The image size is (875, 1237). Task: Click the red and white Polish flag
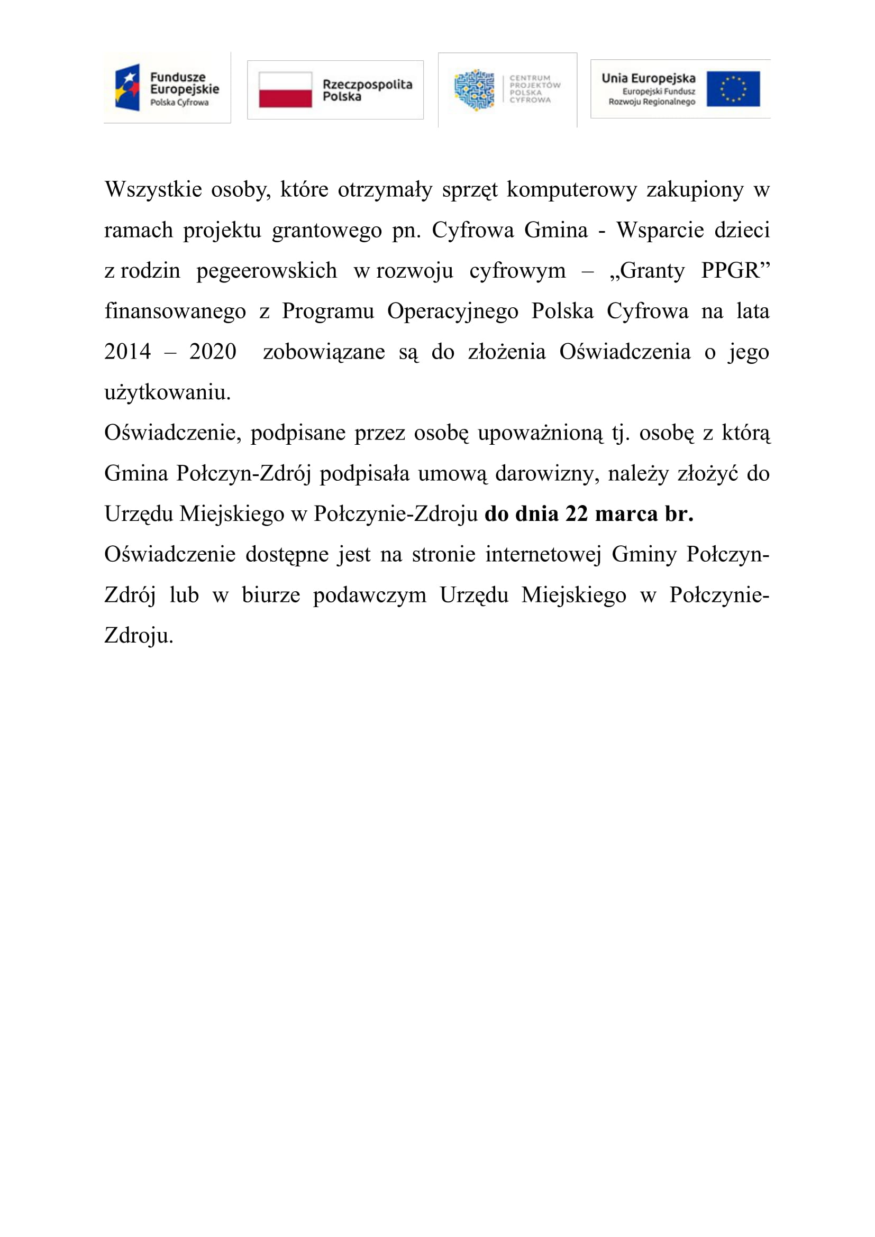pyautogui.click(x=285, y=89)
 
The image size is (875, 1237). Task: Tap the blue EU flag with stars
pyautogui.click(x=733, y=89)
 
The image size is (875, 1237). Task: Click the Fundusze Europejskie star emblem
pyautogui.click(x=127, y=87)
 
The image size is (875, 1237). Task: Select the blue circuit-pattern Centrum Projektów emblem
pyautogui.click(x=474, y=90)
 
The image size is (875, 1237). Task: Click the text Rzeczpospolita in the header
pyautogui.click(x=367, y=84)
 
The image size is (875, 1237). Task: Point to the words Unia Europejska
pyautogui.click(x=648, y=78)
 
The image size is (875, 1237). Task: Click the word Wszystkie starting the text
pyautogui.click(x=153, y=190)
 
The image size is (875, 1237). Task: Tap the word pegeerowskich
pyautogui.click(x=267, y=270)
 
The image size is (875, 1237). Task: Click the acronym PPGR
pyautogui.click(x=735, y=270)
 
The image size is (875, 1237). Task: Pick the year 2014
pyautogui.click(x=127, y=352)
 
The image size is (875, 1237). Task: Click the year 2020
pyautogui.click(x=213, y=352)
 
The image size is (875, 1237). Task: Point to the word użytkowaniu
pyautogui.click(x=168, y=392)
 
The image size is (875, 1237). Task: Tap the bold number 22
pyautogui.click(x=577, y=514)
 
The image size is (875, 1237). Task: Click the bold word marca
pyautogui.click(x=626, y=514)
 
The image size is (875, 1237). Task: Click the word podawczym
pyautogui.click(x=370, y=595)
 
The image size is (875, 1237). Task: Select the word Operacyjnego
pyautogui.click(x=453, y=311)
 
